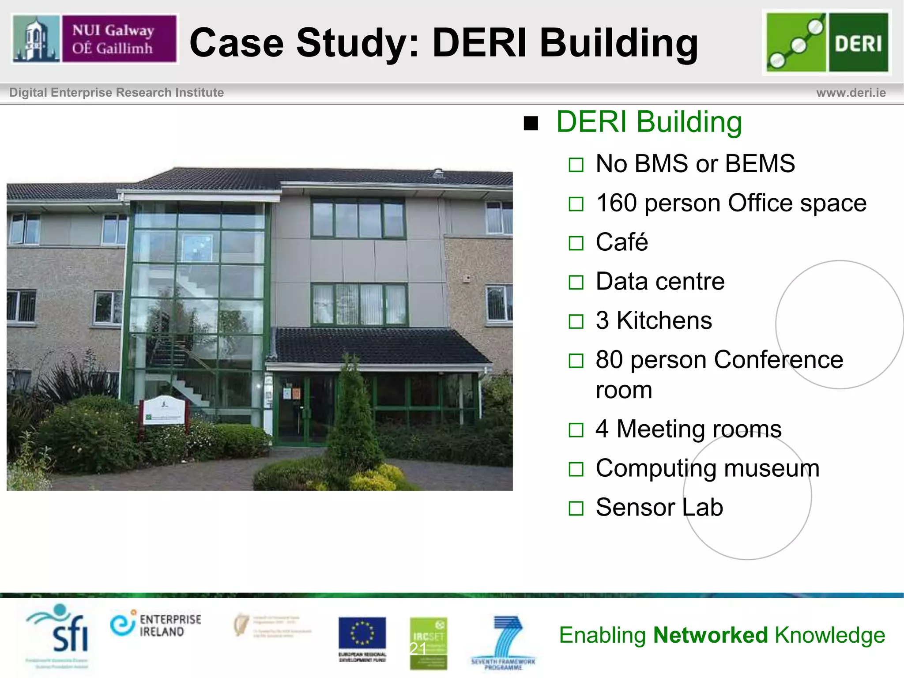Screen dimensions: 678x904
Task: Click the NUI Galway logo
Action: [x=94, y=39]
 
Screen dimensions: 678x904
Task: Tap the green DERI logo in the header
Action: [x=827, y=42]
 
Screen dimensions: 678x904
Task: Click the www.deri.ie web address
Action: [x=851, y=93]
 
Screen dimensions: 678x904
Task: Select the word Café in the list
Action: [x=621, y=242]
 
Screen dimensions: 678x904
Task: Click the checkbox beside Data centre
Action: [x=576, y=282]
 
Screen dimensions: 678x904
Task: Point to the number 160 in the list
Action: [x=616, y=203]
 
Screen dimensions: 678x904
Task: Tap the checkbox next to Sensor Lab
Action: [x=576, y=508]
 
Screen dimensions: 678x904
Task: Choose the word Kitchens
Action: [x=664, y=320]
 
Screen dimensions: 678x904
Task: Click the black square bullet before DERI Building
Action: [x=531, y=124]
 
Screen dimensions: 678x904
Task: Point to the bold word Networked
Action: [x=711, y=635]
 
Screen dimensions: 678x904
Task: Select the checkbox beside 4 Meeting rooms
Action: [x=576, y=429]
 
